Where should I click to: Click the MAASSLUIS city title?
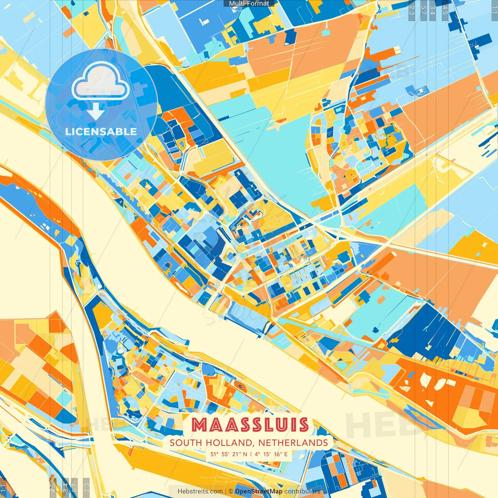click(250, 425)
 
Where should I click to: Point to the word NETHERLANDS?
click(293, 443)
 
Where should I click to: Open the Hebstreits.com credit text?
click(200, 491)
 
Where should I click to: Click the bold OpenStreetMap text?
click(259, 491)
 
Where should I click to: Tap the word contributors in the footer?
click(302, 491)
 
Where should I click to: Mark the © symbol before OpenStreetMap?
click(231, 491)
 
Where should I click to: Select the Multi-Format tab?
click(249, 4)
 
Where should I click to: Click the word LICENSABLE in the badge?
click(101, 132)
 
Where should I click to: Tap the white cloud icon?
click(100, 81)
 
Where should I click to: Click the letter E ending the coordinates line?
click(286, 454)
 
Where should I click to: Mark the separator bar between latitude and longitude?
click(251, 454)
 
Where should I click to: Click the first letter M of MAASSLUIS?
click(200, 425)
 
